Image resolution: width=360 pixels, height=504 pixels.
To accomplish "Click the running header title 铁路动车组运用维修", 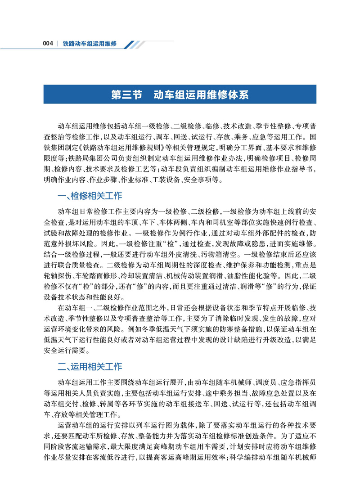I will coord(90,44).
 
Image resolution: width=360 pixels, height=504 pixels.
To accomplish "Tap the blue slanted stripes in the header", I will coord(135,44).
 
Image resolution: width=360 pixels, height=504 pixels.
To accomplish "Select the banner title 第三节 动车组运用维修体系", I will coord(180,95).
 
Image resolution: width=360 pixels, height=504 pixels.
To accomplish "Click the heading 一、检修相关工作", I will coord(90,196).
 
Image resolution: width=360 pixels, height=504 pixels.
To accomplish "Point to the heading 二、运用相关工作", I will coord(90,367).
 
